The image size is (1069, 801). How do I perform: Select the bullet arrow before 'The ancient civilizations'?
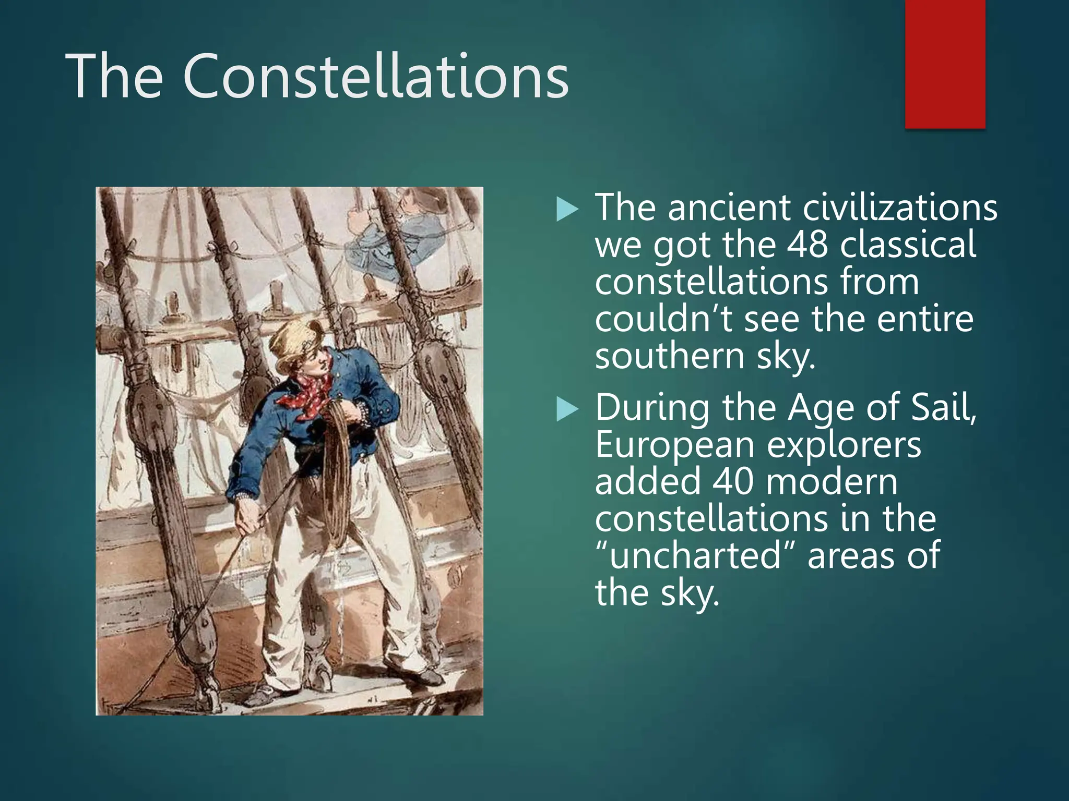[x=568, y=210]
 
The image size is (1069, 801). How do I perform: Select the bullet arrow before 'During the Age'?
[x=568, y=409]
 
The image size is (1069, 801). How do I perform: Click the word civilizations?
[x=900, y=208]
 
